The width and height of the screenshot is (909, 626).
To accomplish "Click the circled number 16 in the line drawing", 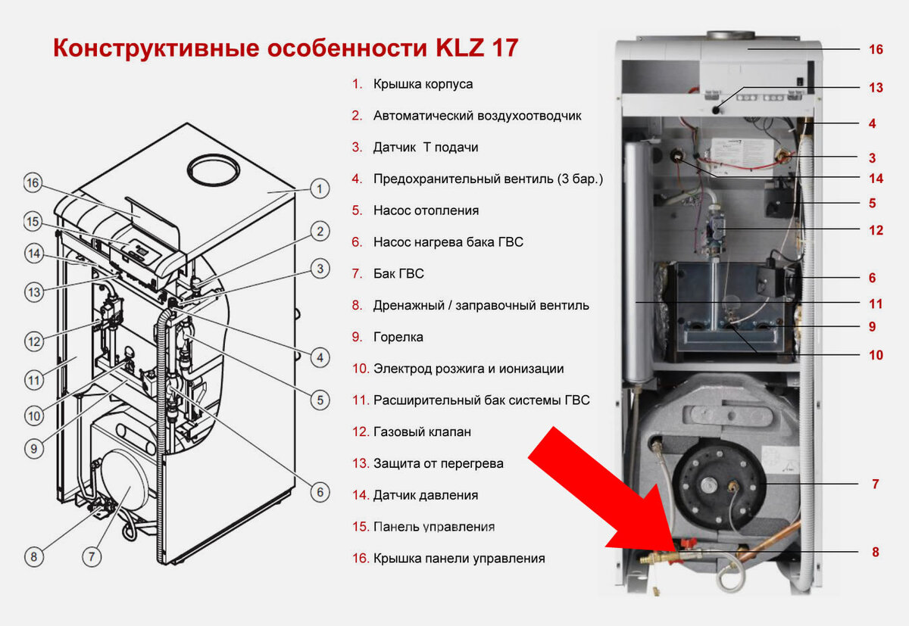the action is coord(33,182).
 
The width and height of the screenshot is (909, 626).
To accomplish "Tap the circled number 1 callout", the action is coord(320,188).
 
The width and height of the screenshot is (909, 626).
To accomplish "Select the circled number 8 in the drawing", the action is coord(33,556).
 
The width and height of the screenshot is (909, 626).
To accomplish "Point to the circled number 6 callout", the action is coord(320,492).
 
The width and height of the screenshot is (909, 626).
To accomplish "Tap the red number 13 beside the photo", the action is coord(876,88).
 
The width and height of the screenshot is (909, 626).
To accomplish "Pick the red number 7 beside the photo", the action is coord(876,484).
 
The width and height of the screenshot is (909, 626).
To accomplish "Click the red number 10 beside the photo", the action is coord(876,355).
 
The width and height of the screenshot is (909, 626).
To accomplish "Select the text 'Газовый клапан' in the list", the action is coord(422,431).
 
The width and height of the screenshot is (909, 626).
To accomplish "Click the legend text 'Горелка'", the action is coord(398,337).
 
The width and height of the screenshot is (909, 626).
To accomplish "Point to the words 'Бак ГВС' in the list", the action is coord(398,274).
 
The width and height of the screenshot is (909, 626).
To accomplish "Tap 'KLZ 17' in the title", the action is coord(476,48).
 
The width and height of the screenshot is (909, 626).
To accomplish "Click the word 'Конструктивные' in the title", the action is coord(156,48).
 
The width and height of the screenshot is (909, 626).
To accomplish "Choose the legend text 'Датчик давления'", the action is coord(426,495).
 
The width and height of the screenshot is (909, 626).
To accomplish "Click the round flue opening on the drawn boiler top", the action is coord(214,169).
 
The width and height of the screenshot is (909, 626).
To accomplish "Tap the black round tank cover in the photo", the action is coord(718,485).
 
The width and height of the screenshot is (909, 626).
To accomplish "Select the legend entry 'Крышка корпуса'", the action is coord(423,84).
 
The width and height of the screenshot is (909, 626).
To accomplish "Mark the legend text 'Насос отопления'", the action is coord(426,210).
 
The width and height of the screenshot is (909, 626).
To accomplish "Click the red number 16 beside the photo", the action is coord(876,49).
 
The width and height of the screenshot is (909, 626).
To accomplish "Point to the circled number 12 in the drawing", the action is coord(34,341).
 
